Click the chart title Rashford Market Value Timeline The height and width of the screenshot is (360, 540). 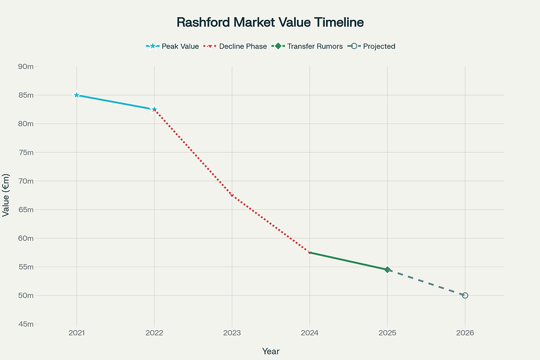[270, 23]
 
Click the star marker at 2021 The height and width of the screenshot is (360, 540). [77, 95]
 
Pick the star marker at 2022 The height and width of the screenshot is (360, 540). [154, 109]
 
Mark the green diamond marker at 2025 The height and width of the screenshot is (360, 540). [387, 270]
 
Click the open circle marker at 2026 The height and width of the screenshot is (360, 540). [465, 295]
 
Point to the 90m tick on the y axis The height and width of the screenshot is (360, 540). [25, 67]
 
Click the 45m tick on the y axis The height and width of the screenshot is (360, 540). [25, 324]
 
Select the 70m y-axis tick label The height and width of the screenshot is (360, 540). [25, 181]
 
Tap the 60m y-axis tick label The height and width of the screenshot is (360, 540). [25, 238]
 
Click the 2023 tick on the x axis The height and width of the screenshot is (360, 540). [232, 333]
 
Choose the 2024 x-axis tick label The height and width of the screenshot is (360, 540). [310, 333]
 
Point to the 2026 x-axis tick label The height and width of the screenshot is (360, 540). [465, 333]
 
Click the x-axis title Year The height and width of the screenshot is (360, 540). [271, 351]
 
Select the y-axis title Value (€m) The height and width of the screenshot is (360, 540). [7, 195]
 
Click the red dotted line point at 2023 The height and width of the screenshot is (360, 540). [232, 196]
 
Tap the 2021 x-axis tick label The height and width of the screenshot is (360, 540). [77, 333]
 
